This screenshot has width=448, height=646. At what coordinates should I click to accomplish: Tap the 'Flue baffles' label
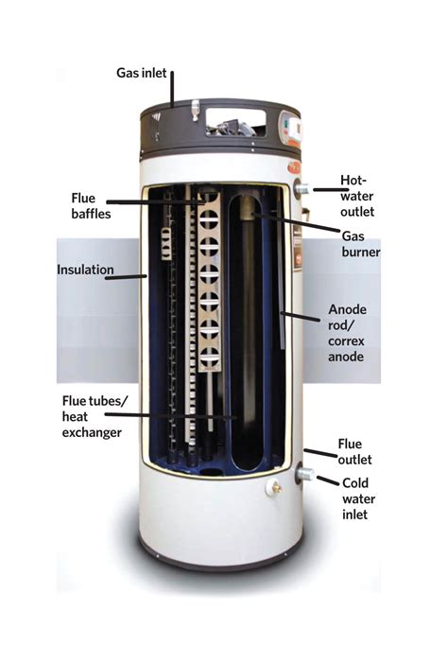click(x=90, y=205)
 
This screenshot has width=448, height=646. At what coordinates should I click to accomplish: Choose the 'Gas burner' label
click(x=362, y=245)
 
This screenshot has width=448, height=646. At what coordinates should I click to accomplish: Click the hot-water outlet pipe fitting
click(x=302, y=190)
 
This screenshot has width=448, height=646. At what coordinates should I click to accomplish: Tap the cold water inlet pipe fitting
click(x=303, y=474)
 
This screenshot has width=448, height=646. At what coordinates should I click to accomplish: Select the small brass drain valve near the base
click(x=275, y=488)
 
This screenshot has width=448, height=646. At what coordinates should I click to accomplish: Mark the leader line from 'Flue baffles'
click(x=151, y=201)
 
